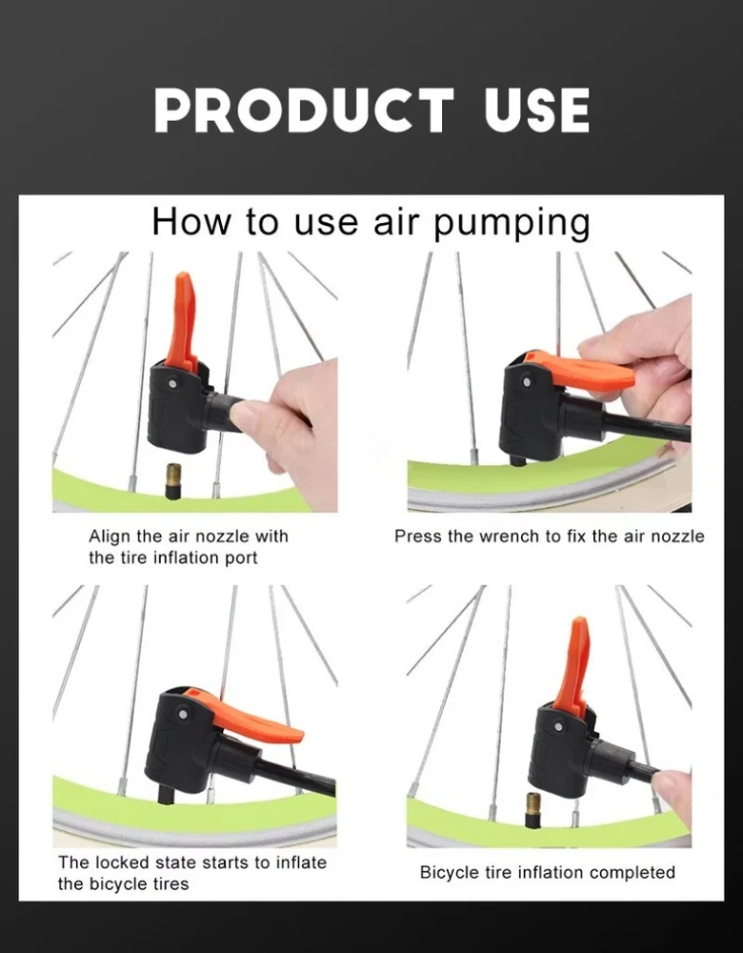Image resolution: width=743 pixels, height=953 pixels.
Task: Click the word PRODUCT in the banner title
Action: click(x=304, y=110)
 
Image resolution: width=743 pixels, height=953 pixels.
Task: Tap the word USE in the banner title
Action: click(x=536, y=110)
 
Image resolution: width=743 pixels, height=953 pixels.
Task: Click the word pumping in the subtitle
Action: click(x=511, y=223)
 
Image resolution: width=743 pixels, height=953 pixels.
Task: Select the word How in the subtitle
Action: click(x=191, y=221)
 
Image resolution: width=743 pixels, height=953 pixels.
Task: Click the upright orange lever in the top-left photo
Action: click(x=184, y=322)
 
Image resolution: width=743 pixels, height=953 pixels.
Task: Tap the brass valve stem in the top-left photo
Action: click(x=173, y=480)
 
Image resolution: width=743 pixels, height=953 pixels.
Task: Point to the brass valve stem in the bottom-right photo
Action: click(x=534, y=810)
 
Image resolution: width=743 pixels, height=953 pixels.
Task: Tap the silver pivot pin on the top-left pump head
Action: click(x=173, y=383)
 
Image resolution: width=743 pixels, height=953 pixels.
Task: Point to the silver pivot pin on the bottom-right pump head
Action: click(x=558, y=726)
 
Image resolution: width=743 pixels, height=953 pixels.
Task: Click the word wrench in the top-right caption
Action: click(x=512, y=536)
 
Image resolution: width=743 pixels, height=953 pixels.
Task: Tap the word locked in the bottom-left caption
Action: click(x=123, y=862)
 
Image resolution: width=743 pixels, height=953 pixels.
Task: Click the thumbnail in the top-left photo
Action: click(x=244, y=415)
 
